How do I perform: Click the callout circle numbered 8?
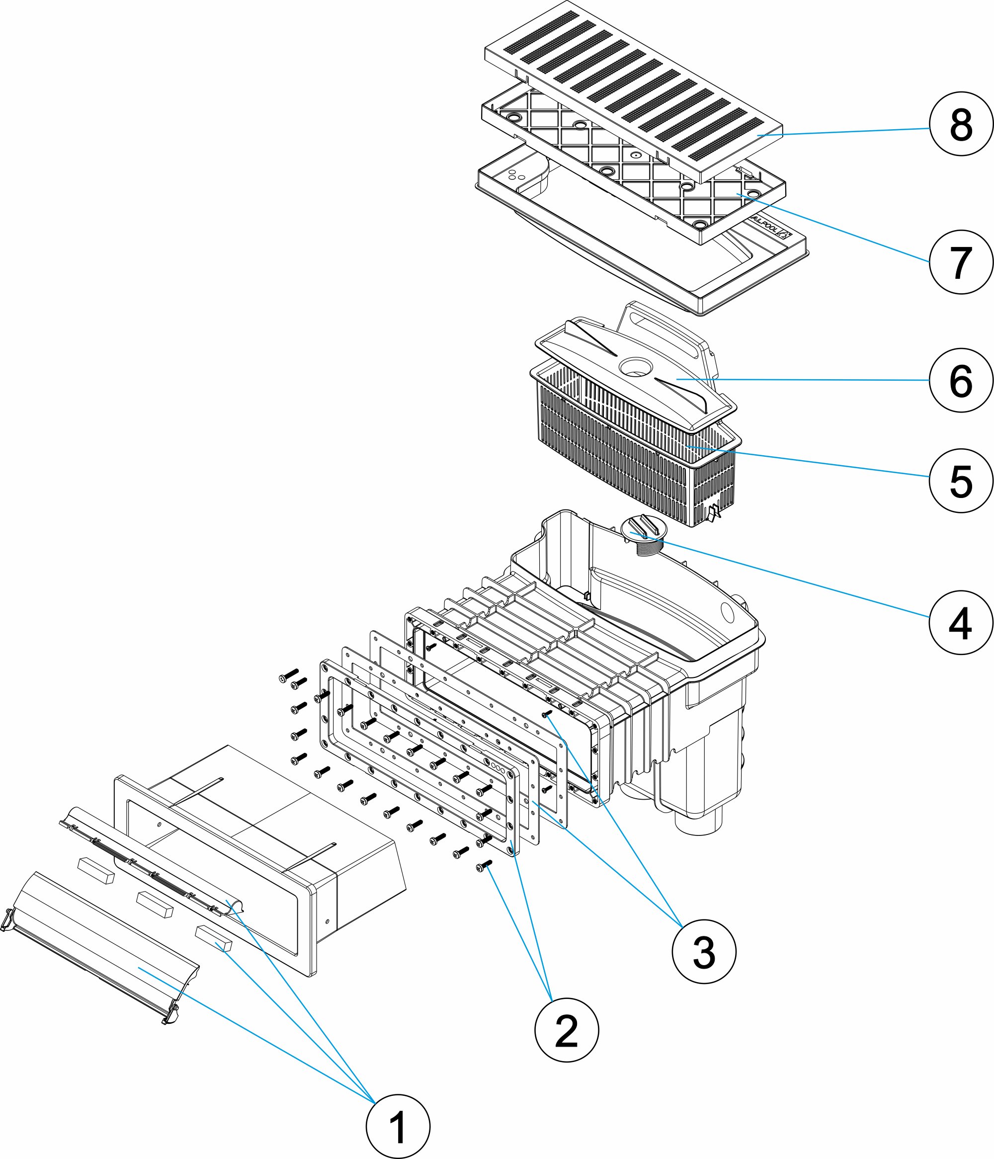click(961, 124)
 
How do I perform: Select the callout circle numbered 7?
click(961, 262)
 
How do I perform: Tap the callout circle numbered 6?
click(961, 380)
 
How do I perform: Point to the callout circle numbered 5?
click(961, 481)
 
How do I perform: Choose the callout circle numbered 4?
click(961, 623)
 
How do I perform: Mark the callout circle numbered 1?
click(398, 1127)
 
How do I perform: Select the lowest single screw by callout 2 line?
click(483, 866)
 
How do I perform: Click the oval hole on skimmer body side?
click(728, 612)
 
